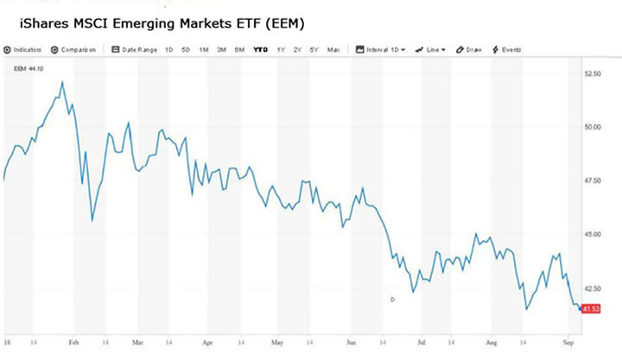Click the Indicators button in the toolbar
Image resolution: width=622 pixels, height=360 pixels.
tap(25, 49)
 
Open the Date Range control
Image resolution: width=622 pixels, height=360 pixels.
tap(137, 49)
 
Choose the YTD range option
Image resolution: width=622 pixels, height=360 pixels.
tap(259, 49)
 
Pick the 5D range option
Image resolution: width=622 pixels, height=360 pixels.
tap(186, 49)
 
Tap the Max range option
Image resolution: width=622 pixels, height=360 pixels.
tap(333, 49)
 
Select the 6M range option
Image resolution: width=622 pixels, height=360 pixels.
tap(239, 49)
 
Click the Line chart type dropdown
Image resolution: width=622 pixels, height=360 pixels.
tap(431, 49)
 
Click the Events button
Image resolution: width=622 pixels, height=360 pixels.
tap(508, 49)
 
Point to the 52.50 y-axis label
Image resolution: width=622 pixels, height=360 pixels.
tap(593, 74)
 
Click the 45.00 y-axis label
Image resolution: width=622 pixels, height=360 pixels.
tap(593, 234)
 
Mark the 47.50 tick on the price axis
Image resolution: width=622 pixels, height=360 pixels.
tap(593, 180)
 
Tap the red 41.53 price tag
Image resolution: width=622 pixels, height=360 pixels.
tap(592, 308)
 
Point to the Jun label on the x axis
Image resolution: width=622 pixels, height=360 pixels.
tap(352, 342)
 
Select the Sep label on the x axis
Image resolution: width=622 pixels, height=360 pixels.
tap(569, 342)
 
